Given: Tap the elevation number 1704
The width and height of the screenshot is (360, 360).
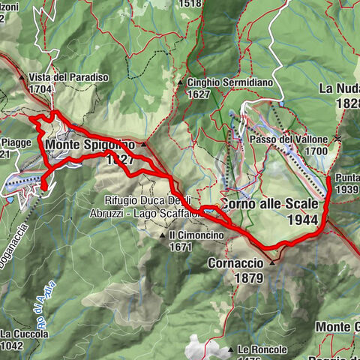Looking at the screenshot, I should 40,88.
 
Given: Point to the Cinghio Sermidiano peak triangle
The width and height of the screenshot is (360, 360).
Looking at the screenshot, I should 181,82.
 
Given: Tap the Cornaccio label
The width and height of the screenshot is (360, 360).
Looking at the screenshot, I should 236,264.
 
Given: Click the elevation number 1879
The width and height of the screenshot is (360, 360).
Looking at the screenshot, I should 247,278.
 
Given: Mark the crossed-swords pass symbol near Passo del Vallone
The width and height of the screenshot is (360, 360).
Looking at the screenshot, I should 338,138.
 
